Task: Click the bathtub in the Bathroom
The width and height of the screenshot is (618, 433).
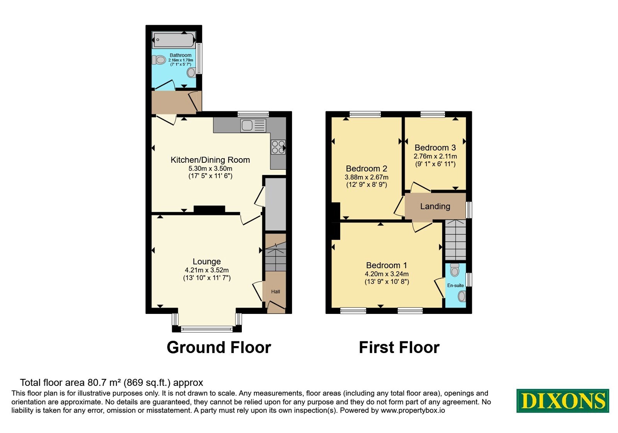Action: (173, 40)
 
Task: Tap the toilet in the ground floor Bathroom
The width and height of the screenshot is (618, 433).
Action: (159, 60)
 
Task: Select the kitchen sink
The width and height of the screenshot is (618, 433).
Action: (253, 126)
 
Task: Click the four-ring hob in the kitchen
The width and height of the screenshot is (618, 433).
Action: (278, 147)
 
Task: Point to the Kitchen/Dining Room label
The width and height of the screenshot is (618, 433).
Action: (210, 160)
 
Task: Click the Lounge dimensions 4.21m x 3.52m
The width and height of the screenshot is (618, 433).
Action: (207, 270)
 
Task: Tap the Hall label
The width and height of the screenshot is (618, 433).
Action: (276, 292)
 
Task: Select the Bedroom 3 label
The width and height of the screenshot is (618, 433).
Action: (435, 148)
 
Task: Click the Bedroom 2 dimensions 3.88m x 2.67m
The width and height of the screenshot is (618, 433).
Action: (367, 177)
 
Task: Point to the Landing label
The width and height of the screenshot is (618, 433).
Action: (435, 206)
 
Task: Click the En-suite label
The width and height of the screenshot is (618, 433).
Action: (455, 286)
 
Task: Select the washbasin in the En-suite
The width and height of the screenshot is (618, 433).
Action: (462, 297)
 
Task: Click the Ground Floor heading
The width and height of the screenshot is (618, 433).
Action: (219, 348)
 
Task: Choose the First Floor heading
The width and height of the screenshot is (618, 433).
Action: (399, 348)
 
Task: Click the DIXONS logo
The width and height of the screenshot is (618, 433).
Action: (562, 401)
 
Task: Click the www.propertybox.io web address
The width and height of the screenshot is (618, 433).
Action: (413, 410)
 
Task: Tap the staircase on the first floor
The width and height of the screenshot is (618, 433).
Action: (455, 240)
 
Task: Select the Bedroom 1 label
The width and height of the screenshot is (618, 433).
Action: (386, 265)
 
